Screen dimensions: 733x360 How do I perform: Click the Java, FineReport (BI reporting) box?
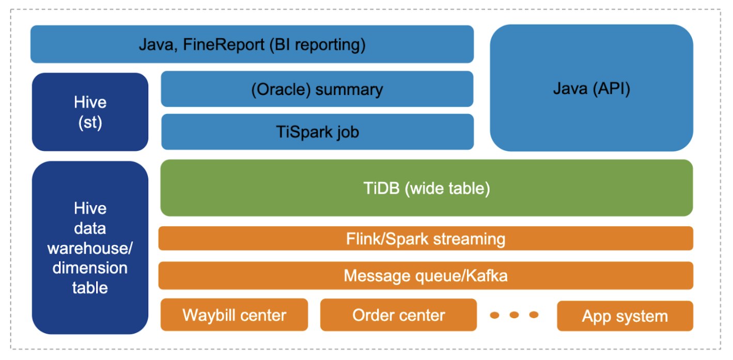point(252,44)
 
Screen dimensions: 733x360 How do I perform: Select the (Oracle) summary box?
point(317,89)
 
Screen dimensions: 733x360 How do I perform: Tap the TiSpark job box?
point(317,132)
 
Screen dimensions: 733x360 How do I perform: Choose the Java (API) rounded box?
point(591,88)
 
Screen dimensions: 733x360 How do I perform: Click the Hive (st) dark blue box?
point(90,112)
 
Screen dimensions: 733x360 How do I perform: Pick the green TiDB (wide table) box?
point(427,188)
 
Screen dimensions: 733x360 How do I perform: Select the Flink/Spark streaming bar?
point(426,239)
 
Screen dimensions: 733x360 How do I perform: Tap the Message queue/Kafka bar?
point(426,276)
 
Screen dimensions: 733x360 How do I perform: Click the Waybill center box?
point(235,315)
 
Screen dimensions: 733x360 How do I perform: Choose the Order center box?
point(399,315)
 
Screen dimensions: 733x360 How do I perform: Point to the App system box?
point(625,316)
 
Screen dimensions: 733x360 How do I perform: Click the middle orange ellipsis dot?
point(514,315)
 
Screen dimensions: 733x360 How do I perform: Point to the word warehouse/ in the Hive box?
point(90,248)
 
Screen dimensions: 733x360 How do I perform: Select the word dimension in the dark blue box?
point(90,268)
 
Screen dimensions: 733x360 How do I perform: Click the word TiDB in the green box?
point(382,188)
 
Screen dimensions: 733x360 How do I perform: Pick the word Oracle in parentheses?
point(281,89)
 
